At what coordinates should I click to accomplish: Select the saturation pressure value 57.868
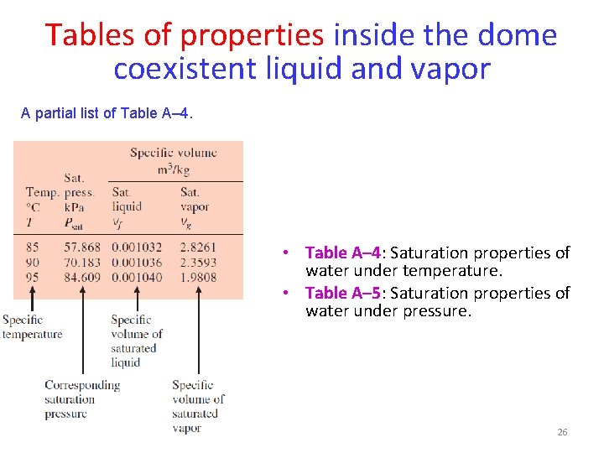pyautogui.click(x=82, y=248)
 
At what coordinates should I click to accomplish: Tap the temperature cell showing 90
pyautogui.click(x=33, y=263)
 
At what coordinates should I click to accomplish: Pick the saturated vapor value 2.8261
pyautogui.click(x=198, y=248)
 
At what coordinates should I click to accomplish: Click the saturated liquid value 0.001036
pyautogui.click(x=137, y=263)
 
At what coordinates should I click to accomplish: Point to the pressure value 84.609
pyautogui.click(x=82, y=277)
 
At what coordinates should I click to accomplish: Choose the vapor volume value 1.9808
pyautogui.click(x=198, y=277)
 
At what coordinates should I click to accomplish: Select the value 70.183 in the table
pyautogui.click(x=82, y=263)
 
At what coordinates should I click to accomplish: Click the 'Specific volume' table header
pyautogui.click(x=174, y=153)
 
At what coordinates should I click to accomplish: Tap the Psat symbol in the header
pyautogui.click(x=75, y=221)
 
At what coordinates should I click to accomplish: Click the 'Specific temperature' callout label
pyautogui.click(x=32, y=326)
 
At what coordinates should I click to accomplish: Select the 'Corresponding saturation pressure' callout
pyautogui.click(x=81, y=398)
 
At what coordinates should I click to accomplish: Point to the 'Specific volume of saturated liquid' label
pyautogui.click(x=136, y=341)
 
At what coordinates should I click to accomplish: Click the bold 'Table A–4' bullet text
pyautogui.click(x=343, y=253)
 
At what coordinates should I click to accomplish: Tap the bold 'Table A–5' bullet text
pyautogui.click(x=343, y=293)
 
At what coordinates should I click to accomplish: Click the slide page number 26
pyautogui.click(x=562, y=432)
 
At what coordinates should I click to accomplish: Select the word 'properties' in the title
pyautogui.click(x=252, y=35)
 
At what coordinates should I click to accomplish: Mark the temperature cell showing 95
pyautogui.click(x=33, y=277)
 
